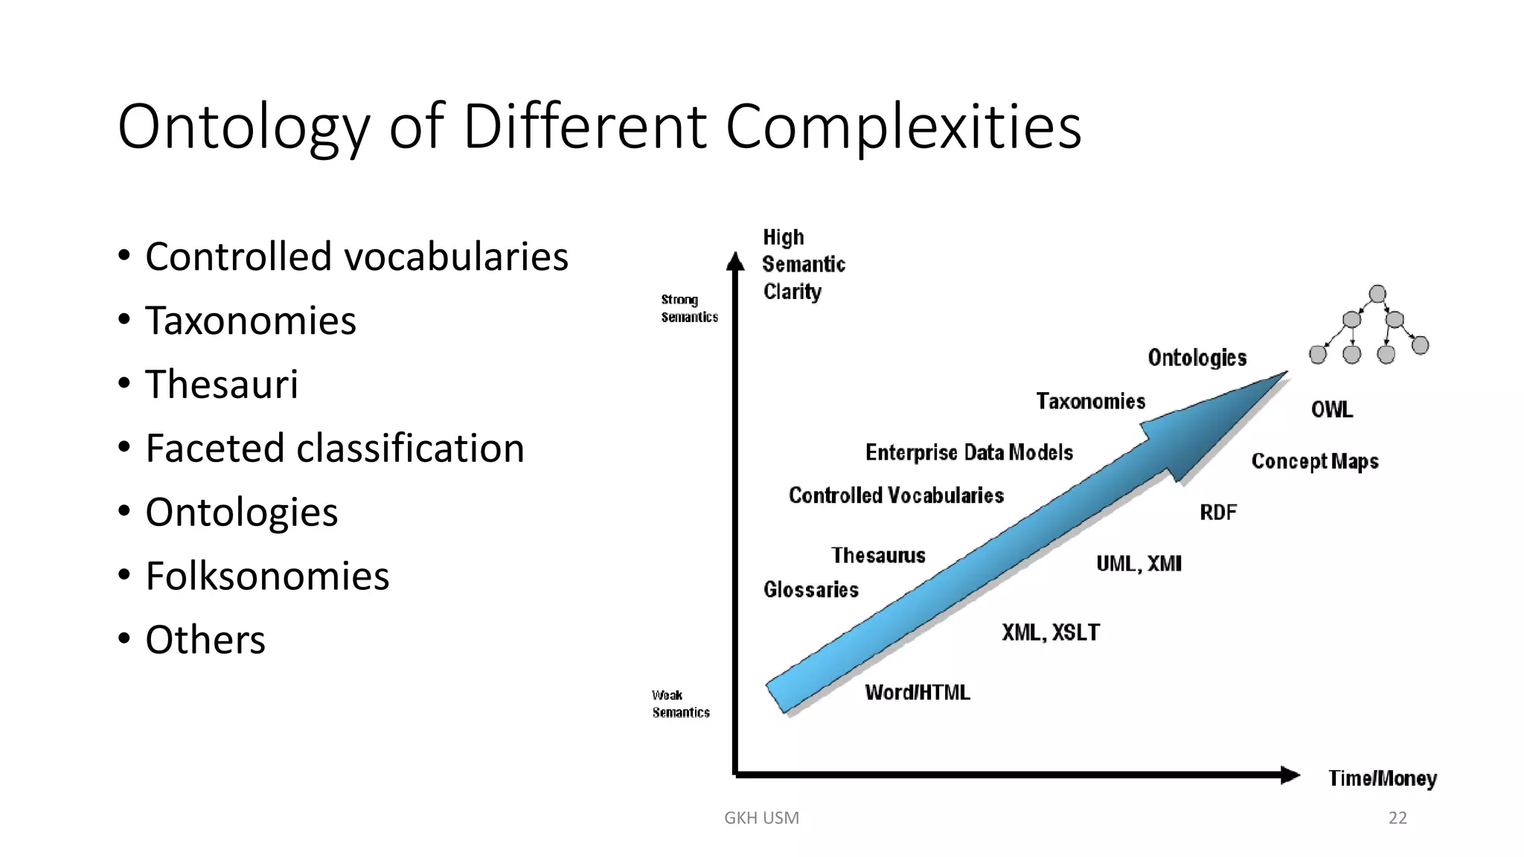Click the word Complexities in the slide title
tap(903, 127)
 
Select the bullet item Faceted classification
tap(335, 448)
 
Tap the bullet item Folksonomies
tap(267, 576)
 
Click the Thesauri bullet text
tap(222, 384)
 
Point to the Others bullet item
tap(205, 640)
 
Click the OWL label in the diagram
tap(1331, 410)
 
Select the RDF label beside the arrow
tap(1217, 513)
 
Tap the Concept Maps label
tap(1314, 461)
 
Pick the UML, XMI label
tap(1139, 564)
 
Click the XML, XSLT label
tap(1050, 632)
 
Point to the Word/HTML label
tap(917, 693)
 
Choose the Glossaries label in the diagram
tap(810, 590)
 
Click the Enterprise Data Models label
tap(968, 452)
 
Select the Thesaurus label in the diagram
tap(878, 556)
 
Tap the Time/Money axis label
tap(1382, 778)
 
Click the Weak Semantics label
tap(680, 704)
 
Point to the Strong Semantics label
tap(689, 308)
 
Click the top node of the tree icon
tap(1377, 294)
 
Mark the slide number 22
tap(1397, 818)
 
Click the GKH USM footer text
tap(761, 818)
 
